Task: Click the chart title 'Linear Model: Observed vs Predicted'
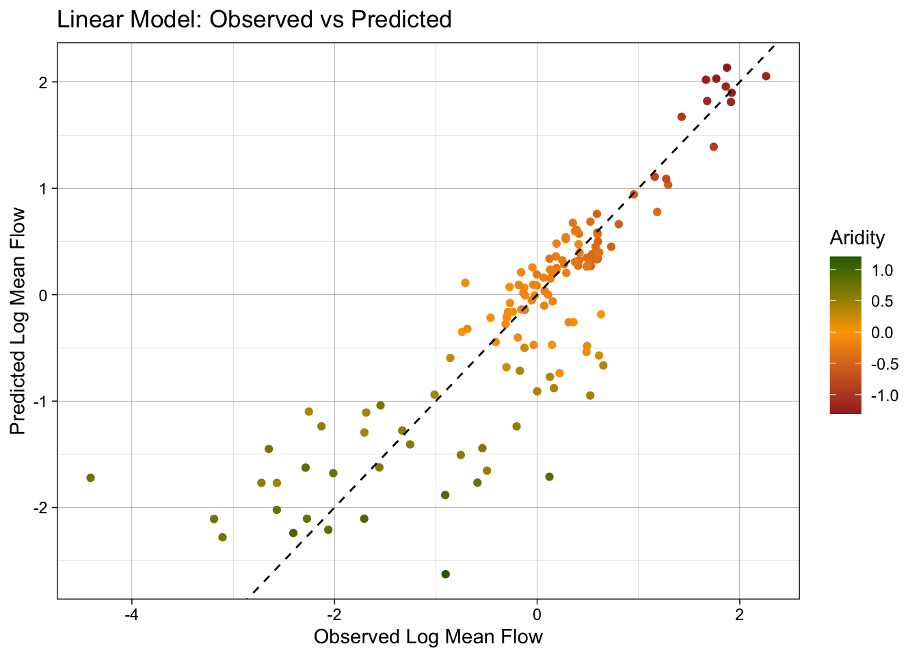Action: pyautogui.click(x=254, y=19)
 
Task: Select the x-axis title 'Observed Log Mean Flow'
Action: pyautogui.click(x=428, y=637)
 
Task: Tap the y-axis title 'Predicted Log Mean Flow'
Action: pyautogui.click(x=18, y=321)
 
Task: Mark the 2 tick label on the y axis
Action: pyautogui.click(x=43, y=82)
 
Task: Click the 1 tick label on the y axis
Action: pyautogui.click(x=43, y=188)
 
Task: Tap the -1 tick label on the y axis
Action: pyautogui.click(x=40, y=402)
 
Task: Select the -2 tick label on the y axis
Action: pyautogui.click(x=40, y=508)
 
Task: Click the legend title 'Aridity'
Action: pyautogui.click(x=857, y=238)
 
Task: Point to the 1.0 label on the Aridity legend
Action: pyautogui.click(x=883, y=270)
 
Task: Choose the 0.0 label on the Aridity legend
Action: pyautogui.click(x=883, y=333)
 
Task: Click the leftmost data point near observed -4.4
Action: pyautogui.click(x=90, y=478)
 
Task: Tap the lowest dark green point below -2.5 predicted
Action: pyautogui.click(x=446, y=574)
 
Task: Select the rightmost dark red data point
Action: pyautogui.click(x=766, y=76)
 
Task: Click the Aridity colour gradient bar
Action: pyautogui.click(x=845, y=335)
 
